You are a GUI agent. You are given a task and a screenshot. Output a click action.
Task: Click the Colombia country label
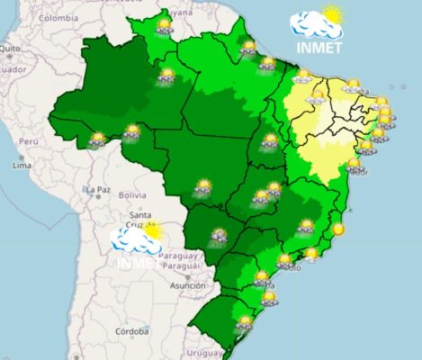tap(58, 17)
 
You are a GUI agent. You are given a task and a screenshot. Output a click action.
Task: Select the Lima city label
tap(22, 166)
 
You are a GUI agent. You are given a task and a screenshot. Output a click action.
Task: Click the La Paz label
tap(96, 190)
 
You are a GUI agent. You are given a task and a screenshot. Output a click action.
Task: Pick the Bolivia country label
tap(131, 195)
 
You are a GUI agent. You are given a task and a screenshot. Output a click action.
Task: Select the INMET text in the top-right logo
tap(317, 48)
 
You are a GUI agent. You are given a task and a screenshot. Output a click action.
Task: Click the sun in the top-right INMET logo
tap(333, 15)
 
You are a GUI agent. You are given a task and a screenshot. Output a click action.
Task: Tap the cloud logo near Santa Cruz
tap(135, 238)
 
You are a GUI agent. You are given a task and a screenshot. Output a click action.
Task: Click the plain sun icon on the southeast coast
tap(338, 229)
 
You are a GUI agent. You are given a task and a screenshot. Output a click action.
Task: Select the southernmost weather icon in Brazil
tap(244, 321)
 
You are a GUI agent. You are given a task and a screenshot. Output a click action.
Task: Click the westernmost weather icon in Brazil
tap(97, 139)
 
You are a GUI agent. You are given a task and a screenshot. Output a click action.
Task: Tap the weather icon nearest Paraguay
tap(218, 238)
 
